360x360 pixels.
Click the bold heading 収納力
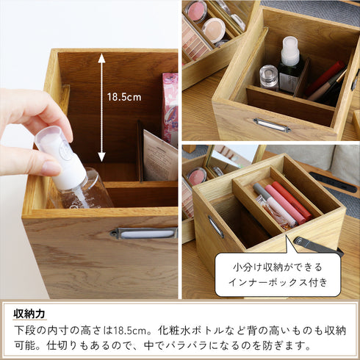click(x=30, y=314)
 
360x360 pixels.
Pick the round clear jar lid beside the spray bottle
click(x=269, y=73)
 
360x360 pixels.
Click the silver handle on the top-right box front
click(x=272, y=126)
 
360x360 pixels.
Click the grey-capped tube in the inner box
click(x=265, y=198)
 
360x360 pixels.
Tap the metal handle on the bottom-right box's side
click(x=215, y=226)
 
